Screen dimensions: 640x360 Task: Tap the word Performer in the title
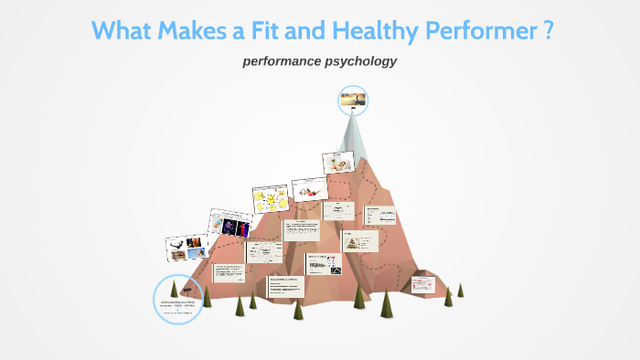pyautogui.click(x=484, y=31)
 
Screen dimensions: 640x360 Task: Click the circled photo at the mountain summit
pyautogui.click(x=353, y=101)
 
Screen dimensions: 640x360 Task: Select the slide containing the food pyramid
pyautogui.click(x=359, y=239)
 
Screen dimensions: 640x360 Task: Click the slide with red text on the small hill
pyautogui.click(x=424, y=283)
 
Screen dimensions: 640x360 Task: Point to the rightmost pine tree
pyautogui.click(x=461, y=290)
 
